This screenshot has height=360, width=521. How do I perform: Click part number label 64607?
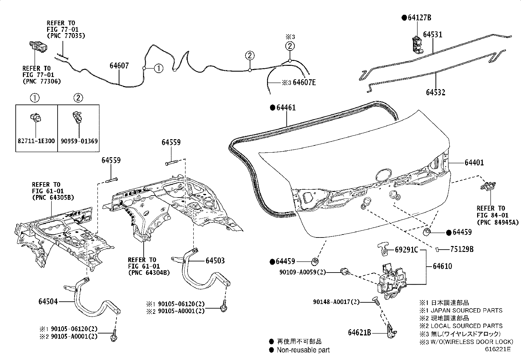point(119,66)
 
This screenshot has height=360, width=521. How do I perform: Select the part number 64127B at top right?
point(419,18)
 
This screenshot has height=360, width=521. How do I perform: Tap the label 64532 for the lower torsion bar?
point(436,92)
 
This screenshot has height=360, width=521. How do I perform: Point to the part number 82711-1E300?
point(36,141)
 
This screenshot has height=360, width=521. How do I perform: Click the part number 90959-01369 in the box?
point(79,141)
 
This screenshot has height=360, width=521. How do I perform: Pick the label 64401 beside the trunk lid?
point(474,163)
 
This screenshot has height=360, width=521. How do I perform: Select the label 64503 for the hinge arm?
point(215,261)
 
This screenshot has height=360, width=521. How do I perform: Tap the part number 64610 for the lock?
point(442,266)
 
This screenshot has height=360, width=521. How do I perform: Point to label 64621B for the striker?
point(359,333)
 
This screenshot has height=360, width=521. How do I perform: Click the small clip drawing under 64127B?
point(416,44)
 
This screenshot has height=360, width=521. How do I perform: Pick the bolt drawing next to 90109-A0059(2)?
point(345,271)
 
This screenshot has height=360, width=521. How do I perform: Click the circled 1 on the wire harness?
point(158,68)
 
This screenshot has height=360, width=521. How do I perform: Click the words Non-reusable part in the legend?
point(303,350)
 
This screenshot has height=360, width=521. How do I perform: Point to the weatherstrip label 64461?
point(286,108)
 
